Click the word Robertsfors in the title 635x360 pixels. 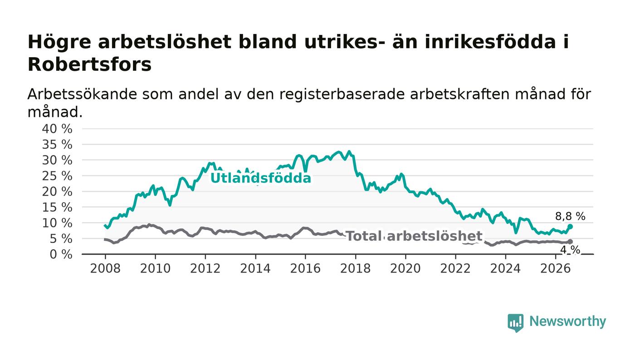[x=90, y=64]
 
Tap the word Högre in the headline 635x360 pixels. [x=59, y=43]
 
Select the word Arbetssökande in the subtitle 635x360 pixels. [x=82, y=94]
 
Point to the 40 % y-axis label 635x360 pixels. [x=57, y=129]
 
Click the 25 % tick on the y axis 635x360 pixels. [x=57, y=176]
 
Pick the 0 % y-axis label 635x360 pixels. [x=61, y=254]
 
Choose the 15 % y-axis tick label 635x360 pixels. [x=57, y=208]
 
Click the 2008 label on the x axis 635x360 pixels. [x=105, y=268]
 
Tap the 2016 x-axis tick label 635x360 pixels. [x=305, y=268]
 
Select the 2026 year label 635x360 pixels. [x=555, y=268]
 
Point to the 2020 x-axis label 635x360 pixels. [x=405, y=268]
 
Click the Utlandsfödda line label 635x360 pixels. [x=261, y=178]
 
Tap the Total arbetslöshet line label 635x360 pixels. [x=414, y=236]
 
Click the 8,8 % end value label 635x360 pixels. [x=570, y=217]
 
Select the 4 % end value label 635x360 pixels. [x=570, y=250]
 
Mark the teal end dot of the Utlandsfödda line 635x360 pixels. [x=570, y=227]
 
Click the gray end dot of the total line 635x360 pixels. [x=570, y=242]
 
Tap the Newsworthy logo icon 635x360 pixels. [x=516, y=323]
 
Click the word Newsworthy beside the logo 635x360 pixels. [x=567, y=321]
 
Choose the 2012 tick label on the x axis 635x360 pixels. [x=205, y=268]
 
